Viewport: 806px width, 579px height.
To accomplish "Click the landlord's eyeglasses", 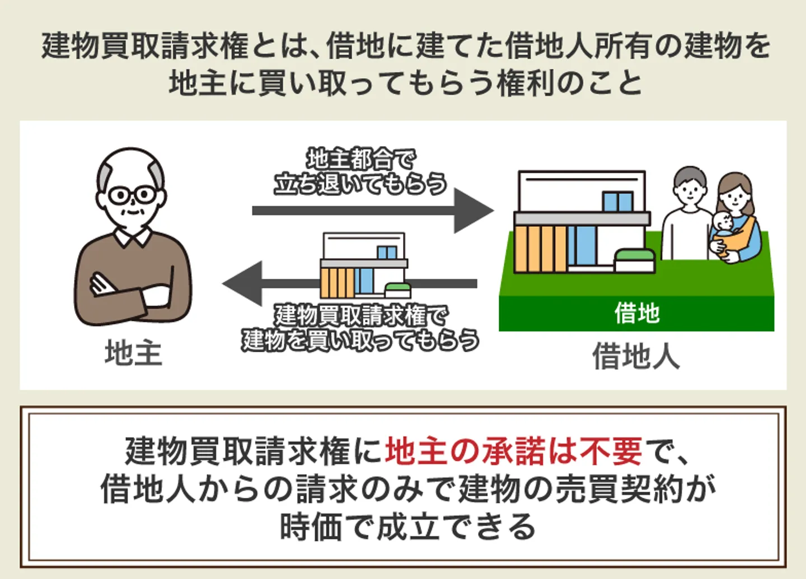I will pyautogui.click(x=132, y=195).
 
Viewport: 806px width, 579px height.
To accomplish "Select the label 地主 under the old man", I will pyautogui.click(x=133, y=353).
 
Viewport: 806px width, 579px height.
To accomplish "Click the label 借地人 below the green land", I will pyautogui.click(x=636, y=356).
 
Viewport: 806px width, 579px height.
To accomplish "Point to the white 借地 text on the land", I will pyautogui.click(x=637, y=313).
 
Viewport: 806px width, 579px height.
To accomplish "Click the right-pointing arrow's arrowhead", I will pyautogui.click(x=473, y=211).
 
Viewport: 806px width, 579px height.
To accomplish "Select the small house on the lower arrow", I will pyautogui.click(x=364, y=266).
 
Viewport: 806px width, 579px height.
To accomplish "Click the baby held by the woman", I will pyautogui.click(x=724, y=227).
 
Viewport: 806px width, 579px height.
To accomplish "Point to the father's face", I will pyautogui.click(x=690, y=190).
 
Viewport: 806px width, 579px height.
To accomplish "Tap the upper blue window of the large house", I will pyautogui.click(x=617, y=202).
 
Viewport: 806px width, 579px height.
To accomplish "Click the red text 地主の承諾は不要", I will pyautogui.click(x=513, y=451).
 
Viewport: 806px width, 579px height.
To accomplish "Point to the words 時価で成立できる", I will pyautogui.click(x=407, y=526).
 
